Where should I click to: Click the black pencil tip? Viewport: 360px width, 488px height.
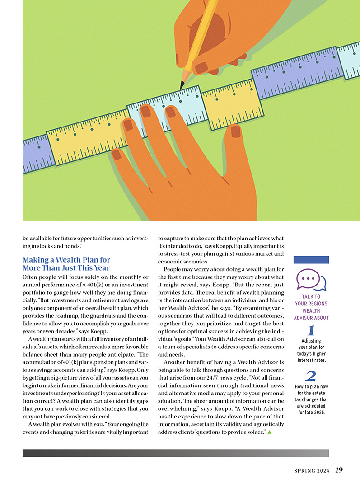point(182,85)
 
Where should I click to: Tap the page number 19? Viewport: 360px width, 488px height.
point(339,470)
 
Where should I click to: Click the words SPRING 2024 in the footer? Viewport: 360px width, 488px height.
point(310,471)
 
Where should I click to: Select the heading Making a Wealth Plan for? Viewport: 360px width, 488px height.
point(66,260)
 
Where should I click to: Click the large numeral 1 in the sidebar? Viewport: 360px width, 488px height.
point(311,331)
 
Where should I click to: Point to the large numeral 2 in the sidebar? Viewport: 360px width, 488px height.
point(311,376)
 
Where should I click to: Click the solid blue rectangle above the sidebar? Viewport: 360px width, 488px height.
point(311,260)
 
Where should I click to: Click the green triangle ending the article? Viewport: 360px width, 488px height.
point(270,432)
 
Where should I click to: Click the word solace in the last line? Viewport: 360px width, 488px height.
point(255,432)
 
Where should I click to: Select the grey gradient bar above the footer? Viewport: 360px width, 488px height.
point(176,453)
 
